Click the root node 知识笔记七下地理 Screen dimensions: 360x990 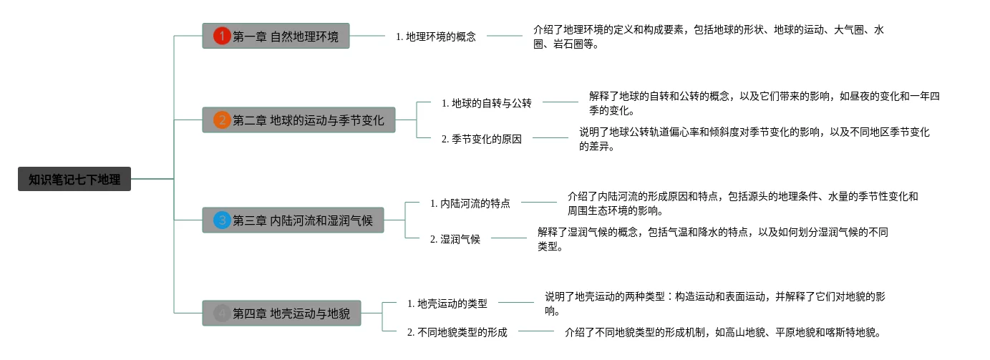click(74, 179)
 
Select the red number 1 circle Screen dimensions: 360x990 click(222, 36)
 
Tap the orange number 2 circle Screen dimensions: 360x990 click(222, 120)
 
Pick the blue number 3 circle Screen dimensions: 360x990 click(222, 220)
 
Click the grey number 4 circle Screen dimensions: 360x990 click(222, 313)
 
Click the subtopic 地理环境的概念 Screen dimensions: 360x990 click(436, 36)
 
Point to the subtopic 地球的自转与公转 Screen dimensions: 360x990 click(487, 103)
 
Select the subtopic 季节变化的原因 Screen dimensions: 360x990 click(482, 139)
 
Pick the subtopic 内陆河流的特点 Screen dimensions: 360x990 click(470, 203)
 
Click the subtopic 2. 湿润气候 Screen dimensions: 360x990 click(455, 239)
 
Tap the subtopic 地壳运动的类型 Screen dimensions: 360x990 click(447, 303)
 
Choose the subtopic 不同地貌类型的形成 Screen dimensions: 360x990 click(457, 331)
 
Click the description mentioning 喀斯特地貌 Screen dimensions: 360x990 click(722, 331)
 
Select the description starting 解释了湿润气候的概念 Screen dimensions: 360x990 click(712, 239)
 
